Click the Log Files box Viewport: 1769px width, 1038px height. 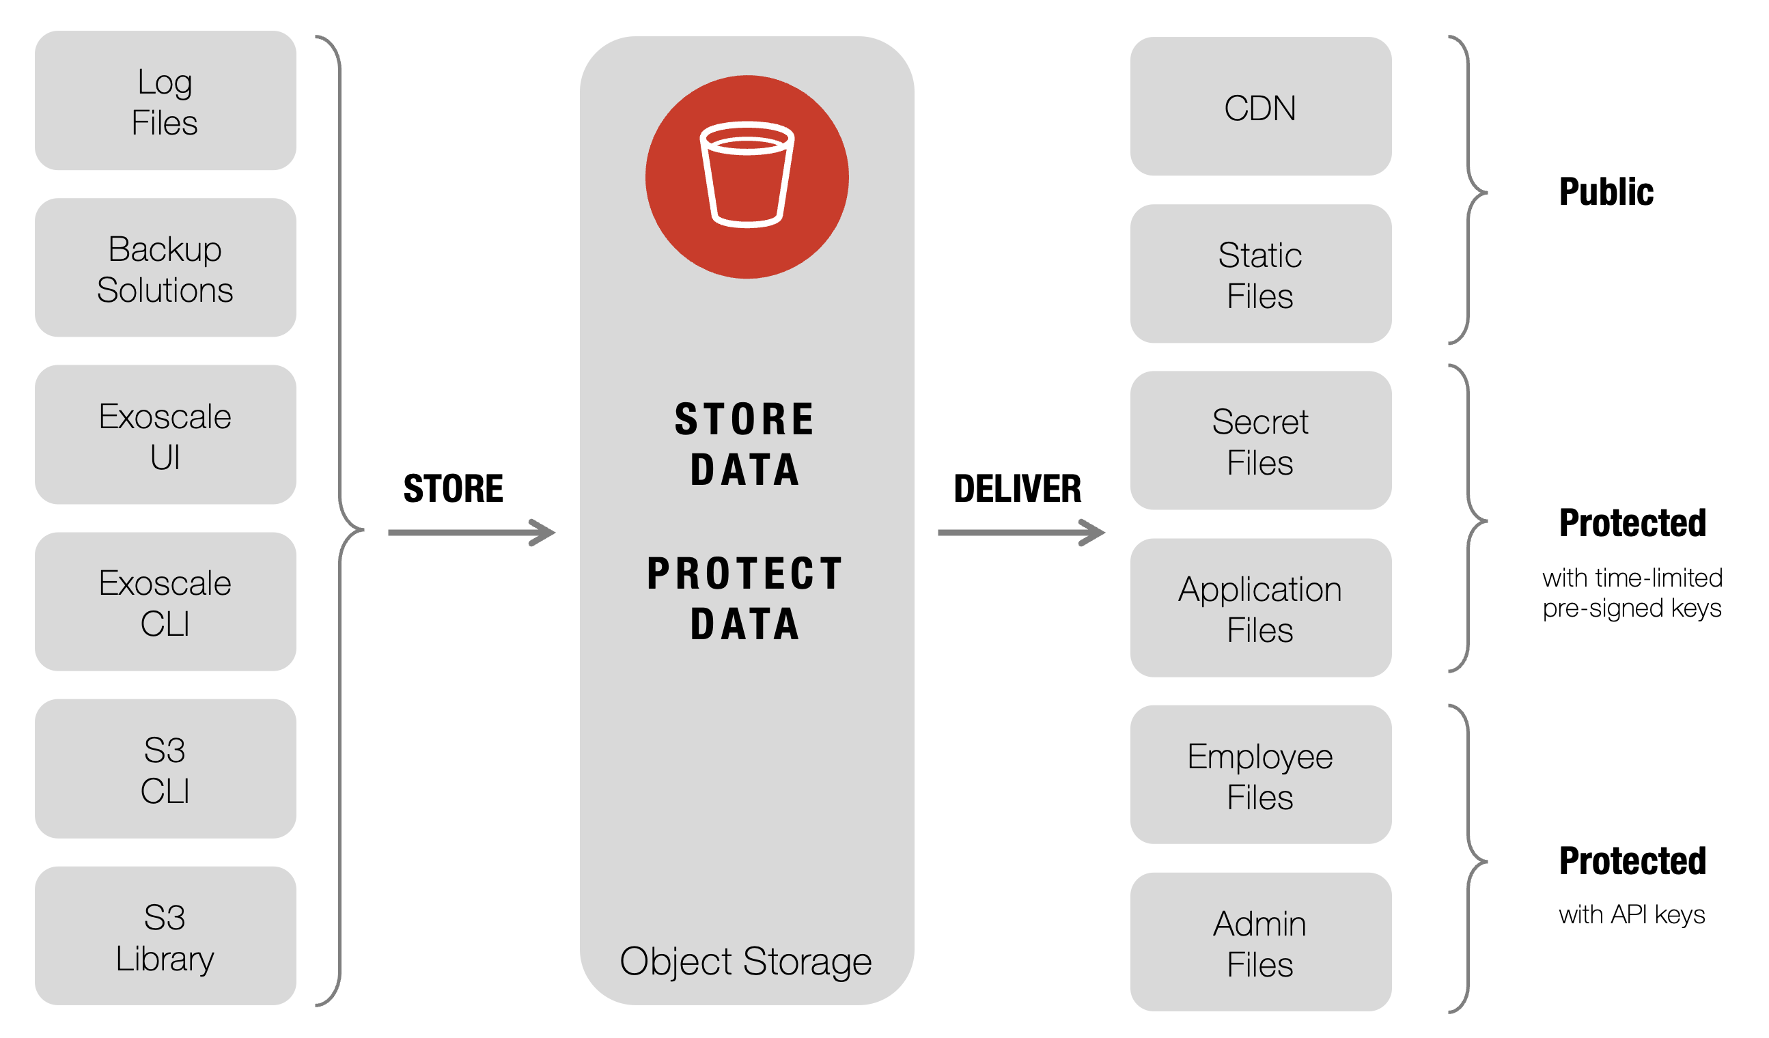166,100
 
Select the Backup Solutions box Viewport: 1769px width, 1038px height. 166,268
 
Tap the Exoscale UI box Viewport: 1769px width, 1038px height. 166,434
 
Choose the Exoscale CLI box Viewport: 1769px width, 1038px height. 166,602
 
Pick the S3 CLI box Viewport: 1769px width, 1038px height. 166,768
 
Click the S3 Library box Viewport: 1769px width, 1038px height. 166,936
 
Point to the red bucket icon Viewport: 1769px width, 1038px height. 748,177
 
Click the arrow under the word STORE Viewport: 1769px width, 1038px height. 472,533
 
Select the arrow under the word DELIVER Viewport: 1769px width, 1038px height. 1022,533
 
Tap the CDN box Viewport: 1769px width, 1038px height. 1262,106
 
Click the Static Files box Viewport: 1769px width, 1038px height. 1262,274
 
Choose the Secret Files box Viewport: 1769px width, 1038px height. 1262,440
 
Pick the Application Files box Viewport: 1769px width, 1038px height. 1262,608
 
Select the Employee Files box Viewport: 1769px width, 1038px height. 1262,775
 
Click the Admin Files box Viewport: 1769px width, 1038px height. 1262,942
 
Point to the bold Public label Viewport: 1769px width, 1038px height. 1607,193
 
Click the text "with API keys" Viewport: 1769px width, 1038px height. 1633,915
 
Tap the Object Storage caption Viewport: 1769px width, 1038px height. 747,962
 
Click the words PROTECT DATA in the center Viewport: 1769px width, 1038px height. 746,599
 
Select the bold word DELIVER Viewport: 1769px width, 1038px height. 1018,488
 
